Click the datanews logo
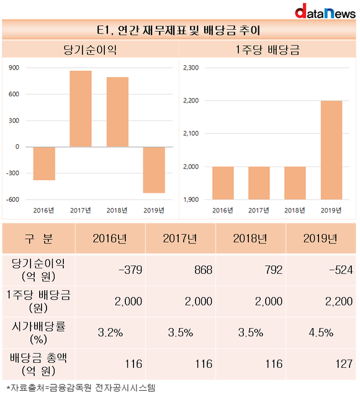pyautogui.click(x=325, y=11)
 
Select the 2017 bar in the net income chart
pyautogui.click(x=81, y=109)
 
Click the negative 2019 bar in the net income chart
pyautogui.click(x=154, y=170)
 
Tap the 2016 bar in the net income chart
pyautogui.click(x=44, y=163)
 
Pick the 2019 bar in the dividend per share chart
pyautogui.click(x=331, y=150)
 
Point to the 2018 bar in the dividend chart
pyautogui.click(x=295, y=183)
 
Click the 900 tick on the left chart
pyautogui.click(x=14, y=68)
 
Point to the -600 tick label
pyautogui.click(x=12, y=199)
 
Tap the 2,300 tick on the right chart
pyautogui.click(x=191, y=68)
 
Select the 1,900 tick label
pyautogui.click(x=191, y=199)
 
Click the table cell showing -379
pyautogui.click(x=110, y=270)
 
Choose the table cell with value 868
pyautogui.click(x=181, y=270)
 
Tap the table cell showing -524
pyautogui.click(x=321, y=270)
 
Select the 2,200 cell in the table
pyautogui.click(x=321, y=301)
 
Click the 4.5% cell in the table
pyautogui.click(x=321, y=332)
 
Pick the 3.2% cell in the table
pyautogui.click(x=110, y=332)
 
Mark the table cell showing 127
pyautogui.click(x=321, y=364)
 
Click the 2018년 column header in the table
pyautogui.click(x=251, y=238)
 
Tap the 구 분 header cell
pyautogui.click(x=38, y=238)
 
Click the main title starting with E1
pyautogui.click(x=179, y=30)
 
